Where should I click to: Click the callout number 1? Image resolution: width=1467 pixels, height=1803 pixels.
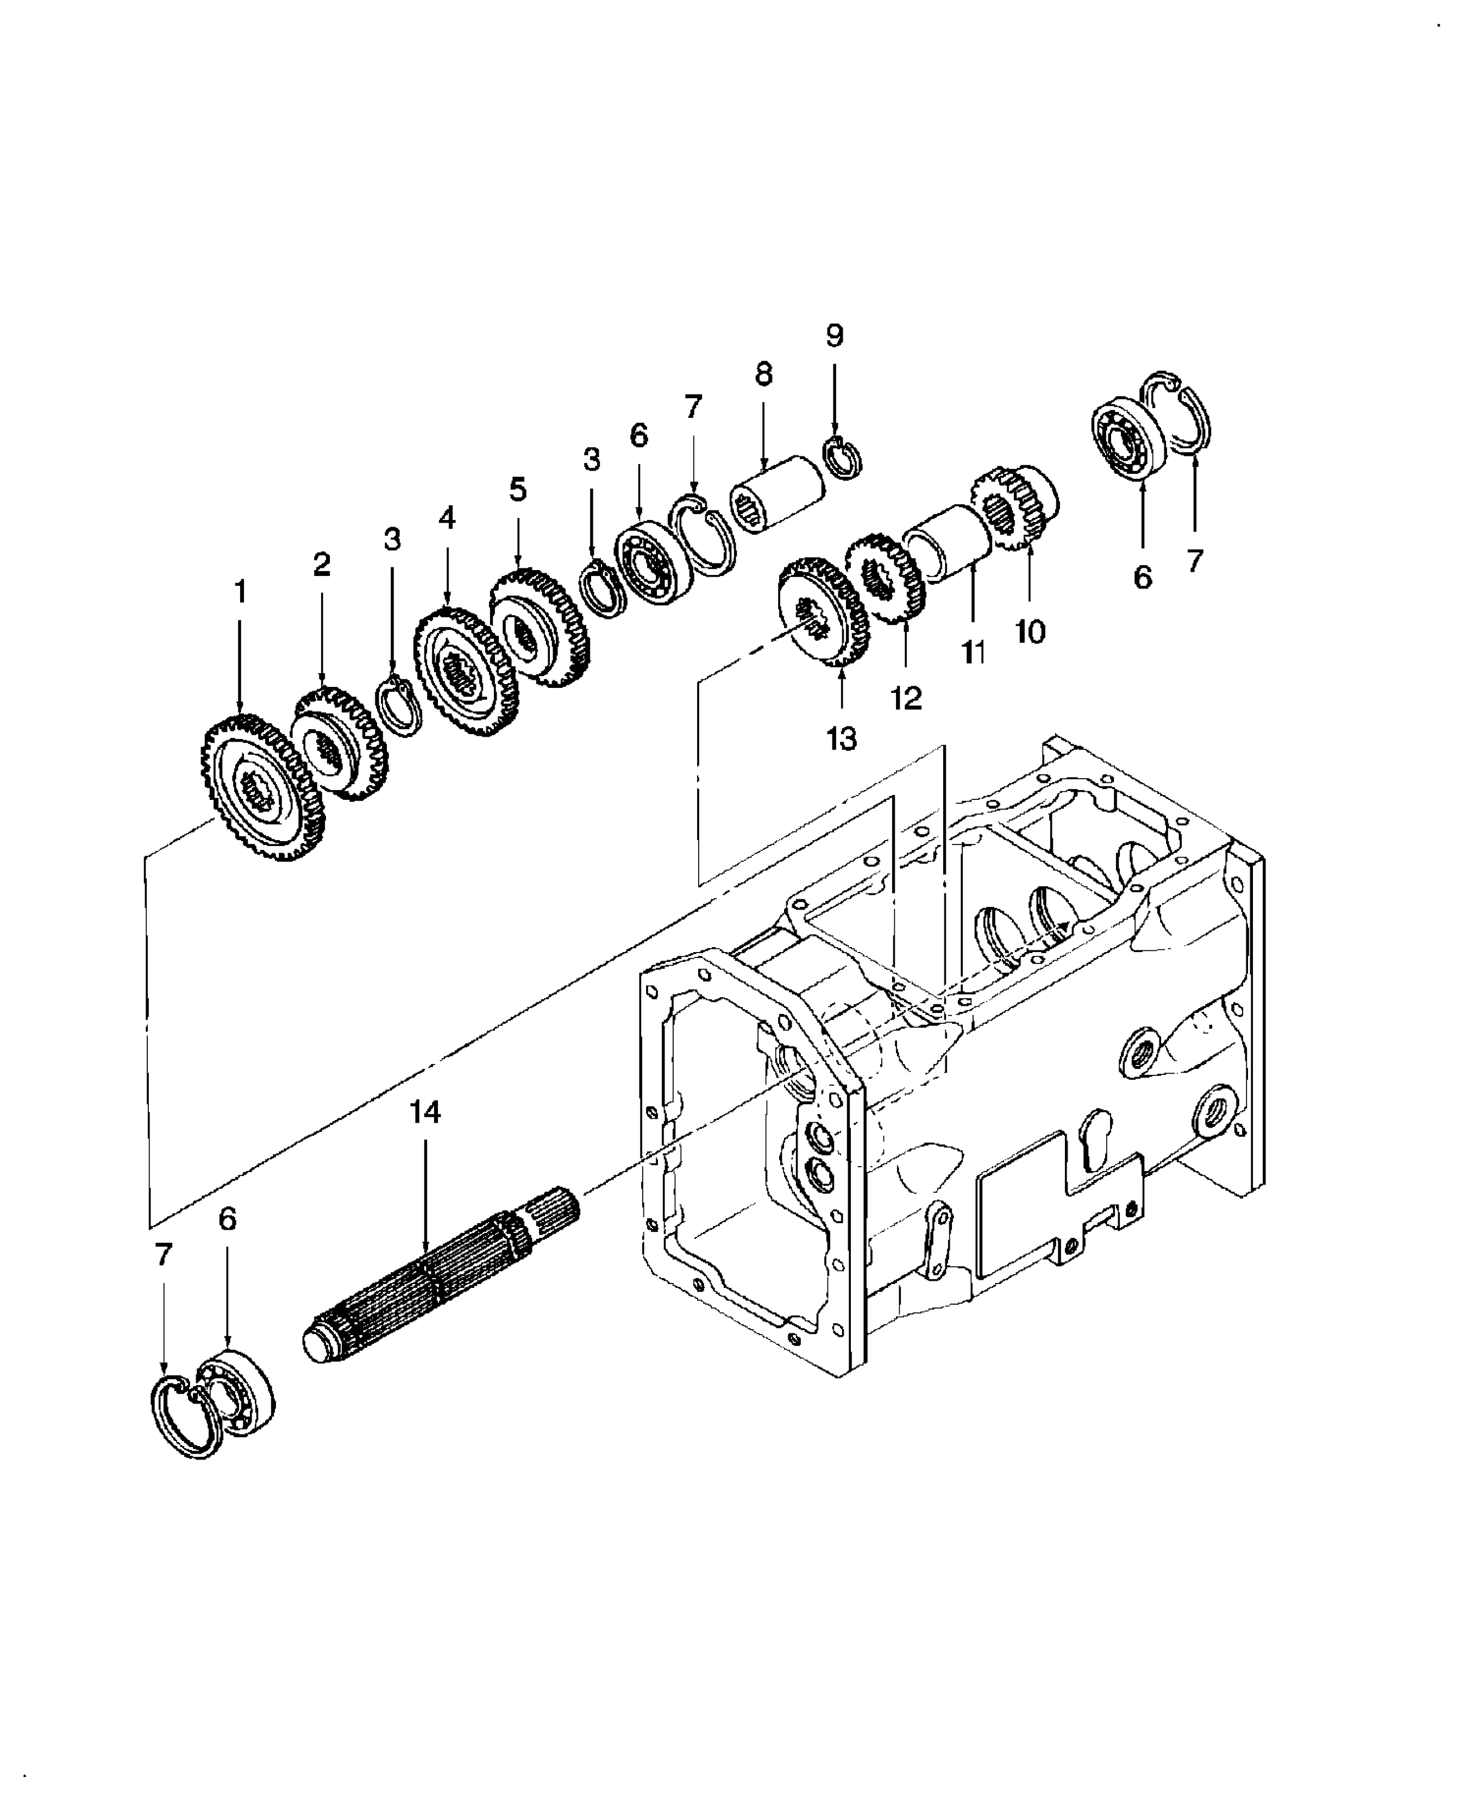(240, 592)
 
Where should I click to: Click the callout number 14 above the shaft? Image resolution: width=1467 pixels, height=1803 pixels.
(425, 1112)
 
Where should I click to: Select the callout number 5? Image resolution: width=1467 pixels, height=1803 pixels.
(518, 490)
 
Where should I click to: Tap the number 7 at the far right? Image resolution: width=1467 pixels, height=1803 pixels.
(1194, 560)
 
